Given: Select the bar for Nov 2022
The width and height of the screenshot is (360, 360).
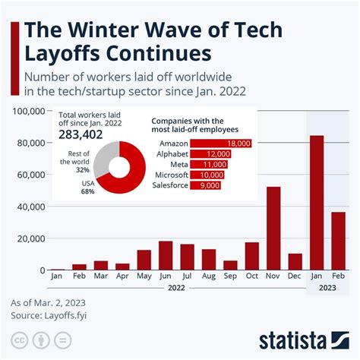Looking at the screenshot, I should tap(273, 229).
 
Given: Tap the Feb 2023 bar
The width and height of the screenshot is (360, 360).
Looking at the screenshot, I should tap(338, 241).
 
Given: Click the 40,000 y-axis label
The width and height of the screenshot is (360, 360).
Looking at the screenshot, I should tap(28, 207).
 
